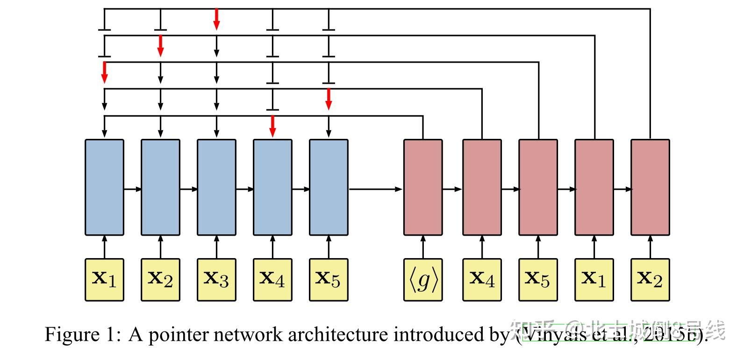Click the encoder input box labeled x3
[216, 280]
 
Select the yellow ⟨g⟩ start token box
[423, 280]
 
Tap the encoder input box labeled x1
[104, 280]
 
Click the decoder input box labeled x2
[650, 280]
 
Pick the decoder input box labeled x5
[538, 280]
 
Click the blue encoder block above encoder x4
[272, 187]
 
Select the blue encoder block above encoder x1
[104, 187]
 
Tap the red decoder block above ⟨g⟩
[423, 187]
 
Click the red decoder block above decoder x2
[650, 187]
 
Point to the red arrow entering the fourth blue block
[272, 127]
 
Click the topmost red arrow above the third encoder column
[216, 19]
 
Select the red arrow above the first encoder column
[104, 72]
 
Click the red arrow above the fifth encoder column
[329, 99]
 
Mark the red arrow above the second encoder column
[160, 46]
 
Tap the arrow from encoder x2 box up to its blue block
[160, 246]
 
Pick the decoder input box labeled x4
[482, 280]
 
